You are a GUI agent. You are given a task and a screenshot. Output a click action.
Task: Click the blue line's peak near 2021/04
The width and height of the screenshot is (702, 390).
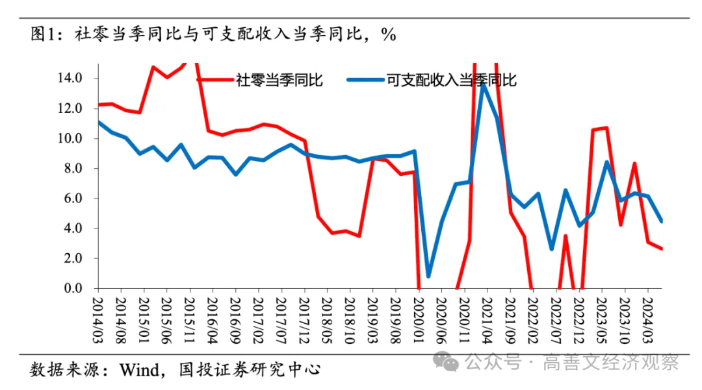tap(483, 85)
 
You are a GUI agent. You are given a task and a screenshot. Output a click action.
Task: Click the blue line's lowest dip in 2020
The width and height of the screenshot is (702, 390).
tap(428, 276)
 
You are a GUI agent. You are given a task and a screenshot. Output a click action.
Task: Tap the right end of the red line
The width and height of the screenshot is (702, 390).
tap(662, 249)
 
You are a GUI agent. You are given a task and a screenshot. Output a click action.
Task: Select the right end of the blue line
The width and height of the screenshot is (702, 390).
tap(662, 221)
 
